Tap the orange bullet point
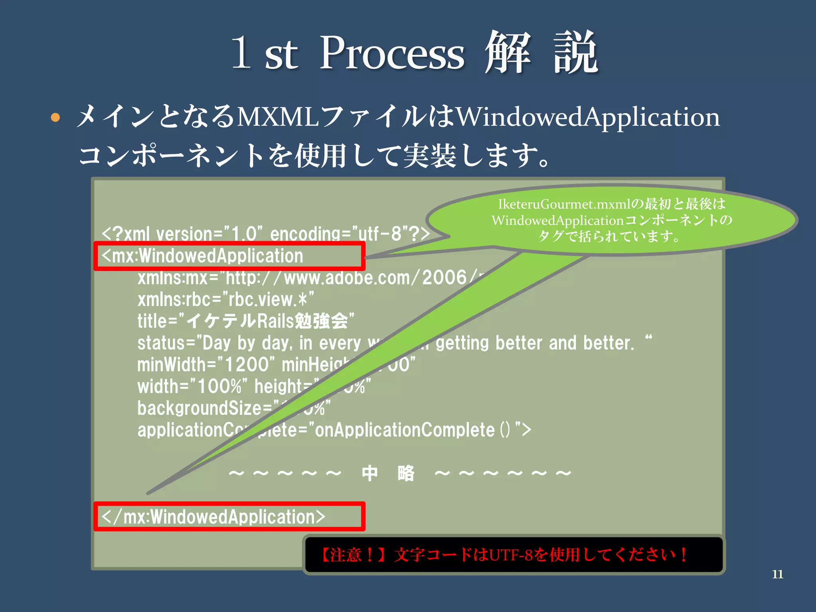tap(55, 118)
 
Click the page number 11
tap(777, 574)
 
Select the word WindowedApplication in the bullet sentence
tap(588, 118)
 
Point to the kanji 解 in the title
tap(508, 53)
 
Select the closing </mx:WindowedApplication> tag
tap(214, 517)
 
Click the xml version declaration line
tap(265, 234)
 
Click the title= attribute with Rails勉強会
tap(245, 321)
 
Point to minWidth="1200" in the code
tap(206, 365)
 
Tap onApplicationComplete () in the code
tap(412, 430)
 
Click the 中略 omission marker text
tap(388, 473)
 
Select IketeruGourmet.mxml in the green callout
tap(564, 204)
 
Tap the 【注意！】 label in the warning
tap(353, 555)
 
